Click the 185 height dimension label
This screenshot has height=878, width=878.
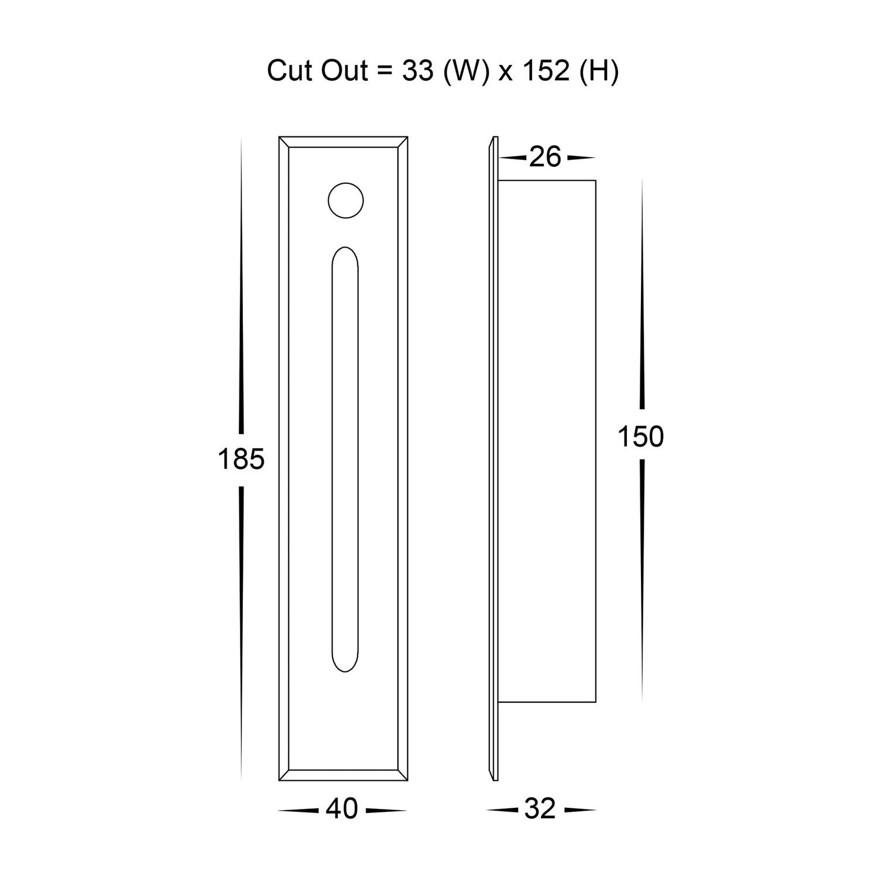tap(241, 459)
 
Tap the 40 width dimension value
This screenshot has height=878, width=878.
tap(342, 809)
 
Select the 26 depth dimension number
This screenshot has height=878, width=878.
tap(545, 157)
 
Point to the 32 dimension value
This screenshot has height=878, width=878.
tap(540, 809)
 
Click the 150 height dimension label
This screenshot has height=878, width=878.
tap(641, 437)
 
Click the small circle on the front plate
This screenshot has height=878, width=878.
tap(345, 200)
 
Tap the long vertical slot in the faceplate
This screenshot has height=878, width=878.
tap(345, 459)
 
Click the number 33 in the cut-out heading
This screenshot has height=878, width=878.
tap(418, 71)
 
